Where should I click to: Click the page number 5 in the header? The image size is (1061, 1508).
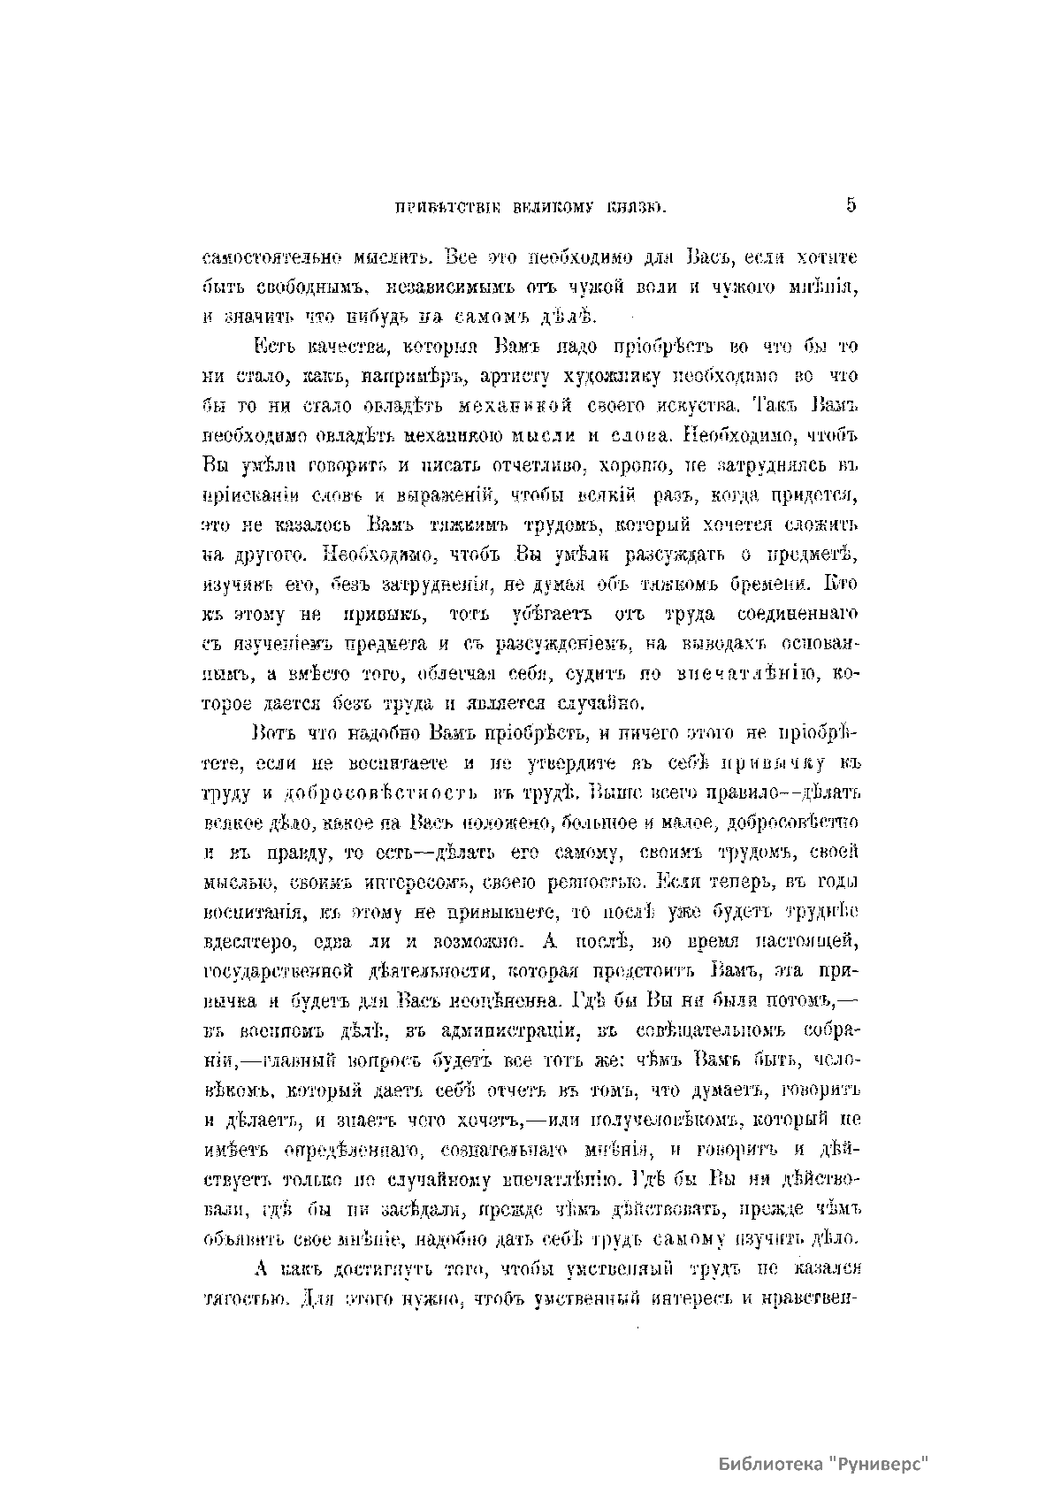click(851, 205)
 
